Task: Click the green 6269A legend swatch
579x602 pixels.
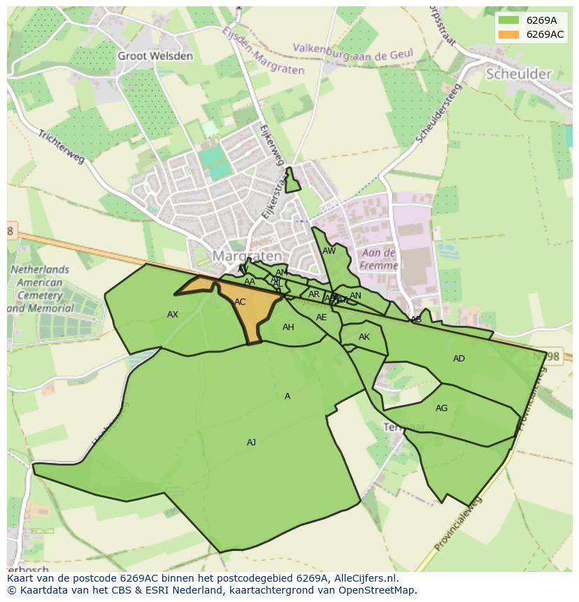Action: point(508,20)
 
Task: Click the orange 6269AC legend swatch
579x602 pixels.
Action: point(508,34)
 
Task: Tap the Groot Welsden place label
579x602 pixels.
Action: point(155,56)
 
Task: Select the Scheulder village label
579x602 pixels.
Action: point(519,73)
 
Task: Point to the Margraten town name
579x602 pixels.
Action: point(247,256)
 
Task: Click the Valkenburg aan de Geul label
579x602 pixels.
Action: point(352,51)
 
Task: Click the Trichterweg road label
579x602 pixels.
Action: point(61,147)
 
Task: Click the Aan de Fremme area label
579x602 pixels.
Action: point(379,259)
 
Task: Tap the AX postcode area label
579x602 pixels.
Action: point(173,315)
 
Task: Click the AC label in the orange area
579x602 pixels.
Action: point(240,302)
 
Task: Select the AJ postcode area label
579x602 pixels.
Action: point(251,443)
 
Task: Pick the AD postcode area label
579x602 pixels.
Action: point(459,359)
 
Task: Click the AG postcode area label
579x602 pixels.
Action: point(441,408)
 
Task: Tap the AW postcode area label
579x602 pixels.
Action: point(329,251)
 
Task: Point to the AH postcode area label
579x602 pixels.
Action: point(288,327)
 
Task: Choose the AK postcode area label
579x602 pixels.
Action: point(364,337)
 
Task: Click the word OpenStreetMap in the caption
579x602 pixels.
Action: point(374,590)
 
